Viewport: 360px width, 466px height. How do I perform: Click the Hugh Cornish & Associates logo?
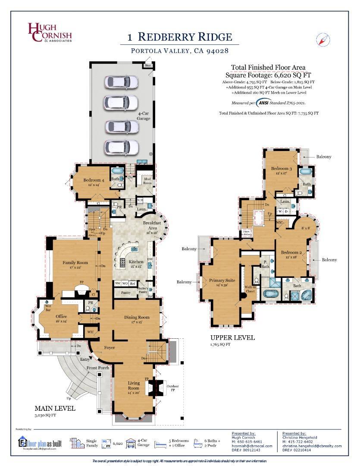(x=49, y=32)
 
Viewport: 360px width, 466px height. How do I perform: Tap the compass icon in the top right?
(x=323, y=40)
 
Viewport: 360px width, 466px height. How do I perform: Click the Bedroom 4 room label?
(x=94, y=180)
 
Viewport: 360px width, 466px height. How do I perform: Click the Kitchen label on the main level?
(x=136, y=262)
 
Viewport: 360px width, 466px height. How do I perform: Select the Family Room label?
(x=75, y=262)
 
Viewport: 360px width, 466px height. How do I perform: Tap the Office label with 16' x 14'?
(x=61, y=316)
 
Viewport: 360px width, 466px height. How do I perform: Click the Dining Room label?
(x=137, y=318)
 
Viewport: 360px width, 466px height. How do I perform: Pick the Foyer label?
(x=109, y=347)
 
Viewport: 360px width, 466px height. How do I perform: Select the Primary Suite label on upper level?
(x=222, y=280)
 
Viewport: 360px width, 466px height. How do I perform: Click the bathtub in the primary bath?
(x=272, y=296)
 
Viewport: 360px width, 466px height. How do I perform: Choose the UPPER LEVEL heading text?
(x=232, y=338)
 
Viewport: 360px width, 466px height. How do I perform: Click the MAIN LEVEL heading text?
(x=55, y=408)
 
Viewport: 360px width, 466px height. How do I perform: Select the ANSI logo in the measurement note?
(x=264, y=103)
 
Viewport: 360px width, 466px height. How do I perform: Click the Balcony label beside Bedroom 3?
(x=323, y=157)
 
